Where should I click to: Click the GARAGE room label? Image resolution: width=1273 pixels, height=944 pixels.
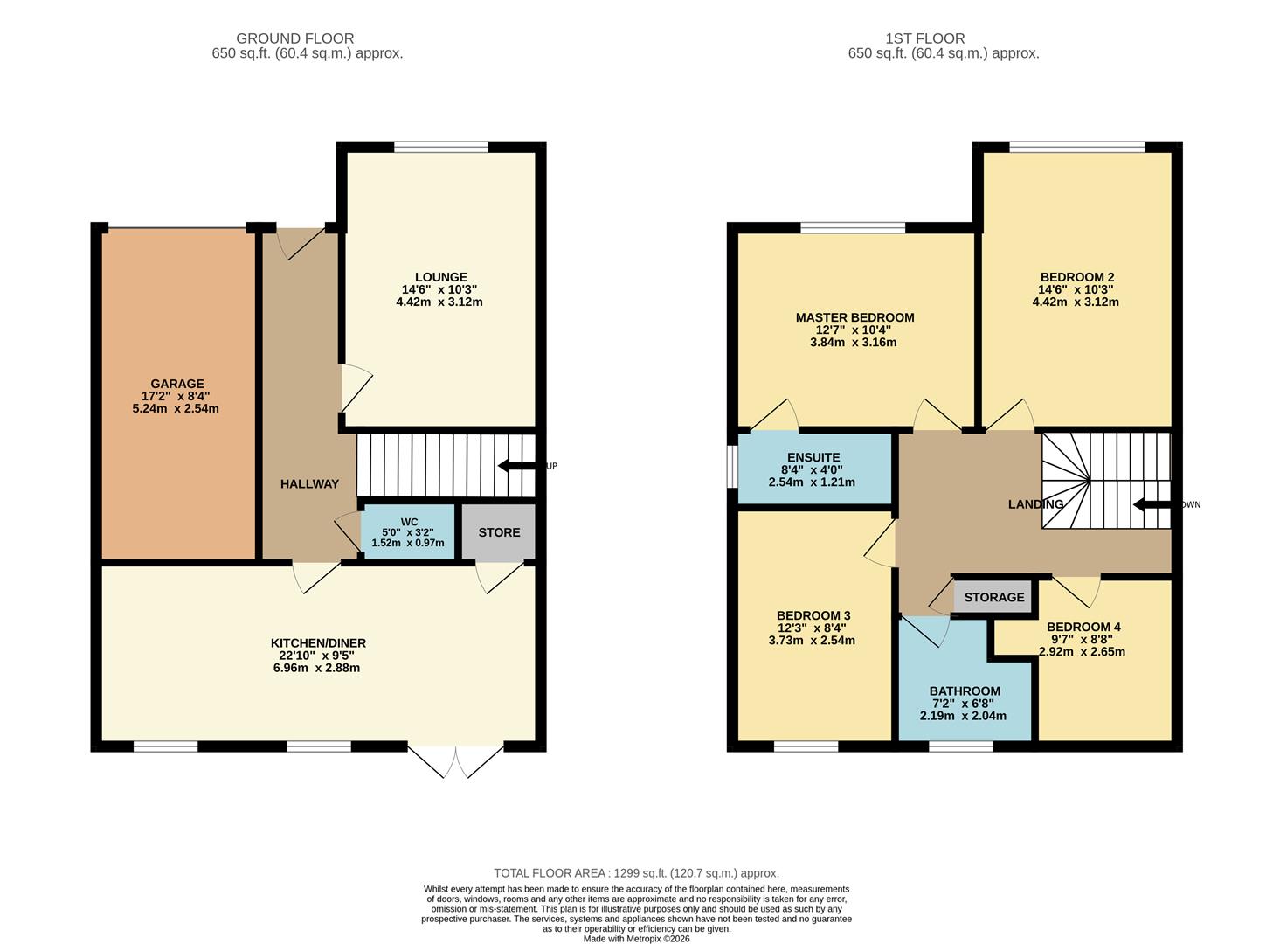(176, 384)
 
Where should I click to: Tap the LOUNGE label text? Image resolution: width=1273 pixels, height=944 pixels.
(440, 277)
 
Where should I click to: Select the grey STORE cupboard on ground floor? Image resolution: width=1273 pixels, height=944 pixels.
(498, 531)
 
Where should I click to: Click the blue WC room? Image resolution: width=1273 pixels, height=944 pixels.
(407, 531)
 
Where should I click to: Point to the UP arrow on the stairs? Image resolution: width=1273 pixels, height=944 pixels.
(518, 466)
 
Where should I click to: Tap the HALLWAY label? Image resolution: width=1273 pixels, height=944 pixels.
(309, 484)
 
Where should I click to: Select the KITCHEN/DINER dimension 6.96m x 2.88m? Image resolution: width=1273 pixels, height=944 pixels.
(317, 668)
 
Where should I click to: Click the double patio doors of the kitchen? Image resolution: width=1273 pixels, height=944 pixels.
(456, 761)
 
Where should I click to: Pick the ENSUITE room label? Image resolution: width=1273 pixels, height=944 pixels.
(813, 458)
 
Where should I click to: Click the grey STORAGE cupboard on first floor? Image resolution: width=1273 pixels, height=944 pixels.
(993, 598)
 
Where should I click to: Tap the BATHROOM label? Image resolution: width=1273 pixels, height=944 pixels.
(965, 691)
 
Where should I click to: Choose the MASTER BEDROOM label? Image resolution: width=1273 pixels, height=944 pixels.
(854, 317)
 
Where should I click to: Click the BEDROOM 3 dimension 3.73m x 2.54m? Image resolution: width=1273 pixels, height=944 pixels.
(812, 640)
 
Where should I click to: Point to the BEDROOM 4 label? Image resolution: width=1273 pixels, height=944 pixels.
(1083, 627)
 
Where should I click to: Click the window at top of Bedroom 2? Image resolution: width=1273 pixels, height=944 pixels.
(1076, 148)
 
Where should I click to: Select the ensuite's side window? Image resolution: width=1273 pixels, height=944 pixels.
(732, 467)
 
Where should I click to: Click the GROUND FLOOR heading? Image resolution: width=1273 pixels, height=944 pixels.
(295, 38)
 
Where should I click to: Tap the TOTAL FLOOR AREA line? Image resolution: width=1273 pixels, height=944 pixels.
(636, 873)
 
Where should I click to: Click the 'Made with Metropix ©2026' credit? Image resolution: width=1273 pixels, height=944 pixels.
(636, 939)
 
